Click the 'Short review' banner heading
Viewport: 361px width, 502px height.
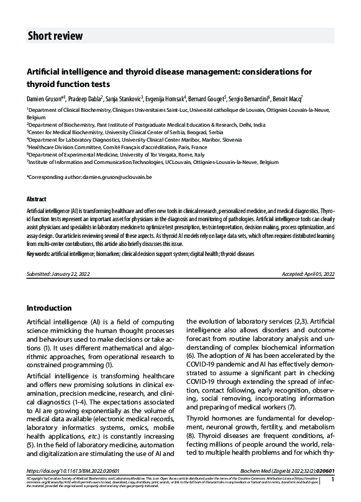55,36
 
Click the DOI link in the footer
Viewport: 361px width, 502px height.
75,489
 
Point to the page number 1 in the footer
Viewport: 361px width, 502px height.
333,496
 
